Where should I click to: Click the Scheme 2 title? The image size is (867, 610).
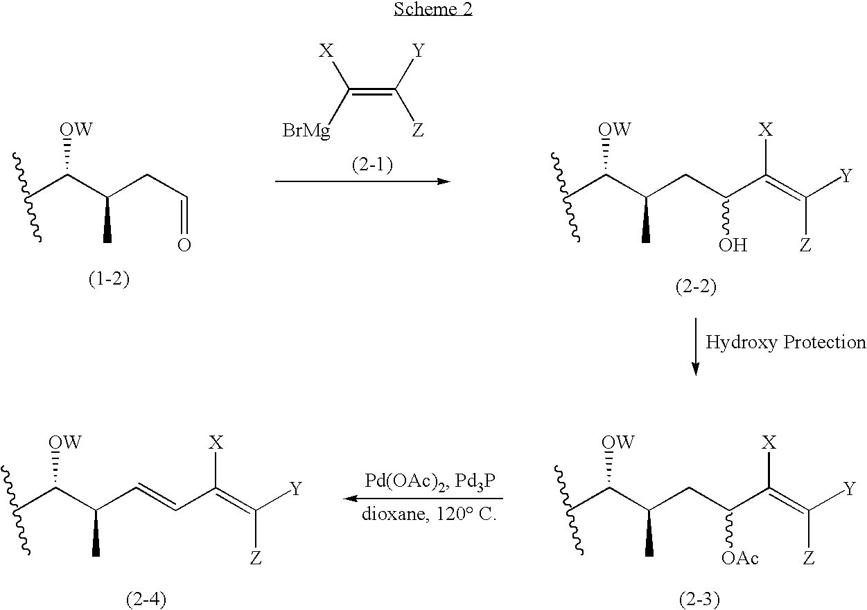(433, 9)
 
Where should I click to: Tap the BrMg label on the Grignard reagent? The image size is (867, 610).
(306, 131)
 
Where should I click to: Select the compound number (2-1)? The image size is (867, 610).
(372, 165)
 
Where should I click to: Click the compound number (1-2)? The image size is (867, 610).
(109, 278)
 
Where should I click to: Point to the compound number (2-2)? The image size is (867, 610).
(696, 287)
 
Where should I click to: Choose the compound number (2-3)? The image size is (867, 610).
(699, 599)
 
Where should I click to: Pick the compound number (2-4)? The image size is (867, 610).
(146, 599)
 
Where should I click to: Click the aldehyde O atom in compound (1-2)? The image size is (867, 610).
(184, 245)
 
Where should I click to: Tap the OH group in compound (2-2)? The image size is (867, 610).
(733, 245)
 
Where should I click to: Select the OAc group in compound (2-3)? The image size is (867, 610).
(739, 558)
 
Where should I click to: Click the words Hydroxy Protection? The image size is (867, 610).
(786, 343)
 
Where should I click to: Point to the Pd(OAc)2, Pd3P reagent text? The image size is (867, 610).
(430, 482)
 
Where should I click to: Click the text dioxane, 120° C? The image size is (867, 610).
(429, 514)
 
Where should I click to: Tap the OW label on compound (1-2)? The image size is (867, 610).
(76, 129)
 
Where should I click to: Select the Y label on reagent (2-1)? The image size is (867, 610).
(419, 51)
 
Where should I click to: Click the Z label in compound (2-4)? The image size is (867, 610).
(256, 558)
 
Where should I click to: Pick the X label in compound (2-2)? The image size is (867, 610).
(765, 129)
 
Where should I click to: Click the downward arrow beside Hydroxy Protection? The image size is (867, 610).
(696, 347)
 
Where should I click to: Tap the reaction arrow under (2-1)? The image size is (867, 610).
(362, 181)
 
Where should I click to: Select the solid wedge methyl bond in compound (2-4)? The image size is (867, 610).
(96, 533)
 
